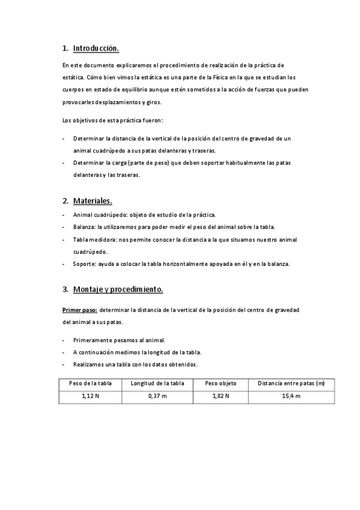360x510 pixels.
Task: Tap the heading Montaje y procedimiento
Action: [118, 289]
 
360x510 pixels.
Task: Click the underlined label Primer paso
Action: [80, 310]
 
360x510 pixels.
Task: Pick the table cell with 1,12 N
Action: [90, 396]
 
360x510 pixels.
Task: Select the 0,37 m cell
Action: [157, 396]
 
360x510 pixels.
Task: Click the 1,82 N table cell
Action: [221, 396]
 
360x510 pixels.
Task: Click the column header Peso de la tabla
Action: [90, 383]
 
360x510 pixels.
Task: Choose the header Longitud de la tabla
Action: [157, 383]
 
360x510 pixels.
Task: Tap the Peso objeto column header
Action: [221, 383]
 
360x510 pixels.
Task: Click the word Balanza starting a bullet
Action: [84, 227]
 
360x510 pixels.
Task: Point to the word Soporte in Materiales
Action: [84, 263]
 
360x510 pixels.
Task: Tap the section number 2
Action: [65, 200]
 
